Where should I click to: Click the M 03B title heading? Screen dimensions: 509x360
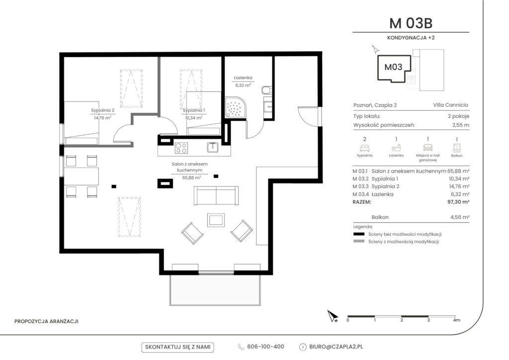(x=411, y=23)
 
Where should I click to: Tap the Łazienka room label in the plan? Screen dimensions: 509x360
(x=243, y=78)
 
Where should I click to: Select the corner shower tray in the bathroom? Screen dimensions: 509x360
(x=236, y=107)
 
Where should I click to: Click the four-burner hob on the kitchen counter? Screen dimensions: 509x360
(x=181, y=148)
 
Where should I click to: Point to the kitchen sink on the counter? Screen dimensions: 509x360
(x=213, y=147)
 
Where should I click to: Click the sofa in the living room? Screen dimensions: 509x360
(x=216, y=195)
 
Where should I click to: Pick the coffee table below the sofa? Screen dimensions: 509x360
(x=216, y=220)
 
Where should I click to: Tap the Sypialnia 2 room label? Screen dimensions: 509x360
(x=102, y=110)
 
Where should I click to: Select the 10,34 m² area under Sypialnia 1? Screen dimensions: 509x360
(x=193, y=118)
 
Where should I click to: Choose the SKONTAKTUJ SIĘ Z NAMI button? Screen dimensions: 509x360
(x=177, y=347)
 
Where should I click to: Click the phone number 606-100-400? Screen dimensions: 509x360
(x=265, y=347)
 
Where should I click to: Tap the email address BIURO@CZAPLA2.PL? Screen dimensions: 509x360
(x=336, y=347)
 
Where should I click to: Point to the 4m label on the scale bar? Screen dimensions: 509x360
(x=456, y=320)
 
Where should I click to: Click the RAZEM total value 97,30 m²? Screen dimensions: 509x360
(x=458, y=202)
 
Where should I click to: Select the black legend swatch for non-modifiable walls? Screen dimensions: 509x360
(x=359, y=234)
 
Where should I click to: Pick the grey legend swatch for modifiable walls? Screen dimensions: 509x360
(x=359, y=242)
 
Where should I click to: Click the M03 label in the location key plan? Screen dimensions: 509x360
(x=394, y=67)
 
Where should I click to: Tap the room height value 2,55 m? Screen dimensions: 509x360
(x=461, y=125)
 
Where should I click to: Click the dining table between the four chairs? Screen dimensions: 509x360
(x=82, y=176)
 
